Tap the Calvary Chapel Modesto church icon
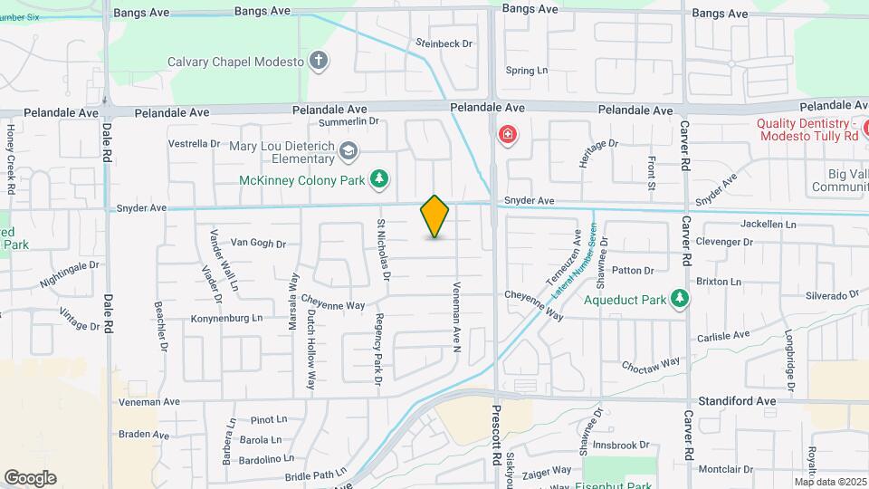click(x=318, y=62)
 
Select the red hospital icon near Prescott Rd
click(x=508, y=136)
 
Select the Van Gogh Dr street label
click(x=258, y=243)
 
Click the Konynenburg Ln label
click(x=225, y=318)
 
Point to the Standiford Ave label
click(x=738, y=400)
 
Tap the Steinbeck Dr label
click(x=444, y=43)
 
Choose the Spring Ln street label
click(x=527, y=71)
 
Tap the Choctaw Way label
click(x=650, y=364)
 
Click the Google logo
click(x=30, y=478)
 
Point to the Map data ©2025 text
click(x=830, y=482)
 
